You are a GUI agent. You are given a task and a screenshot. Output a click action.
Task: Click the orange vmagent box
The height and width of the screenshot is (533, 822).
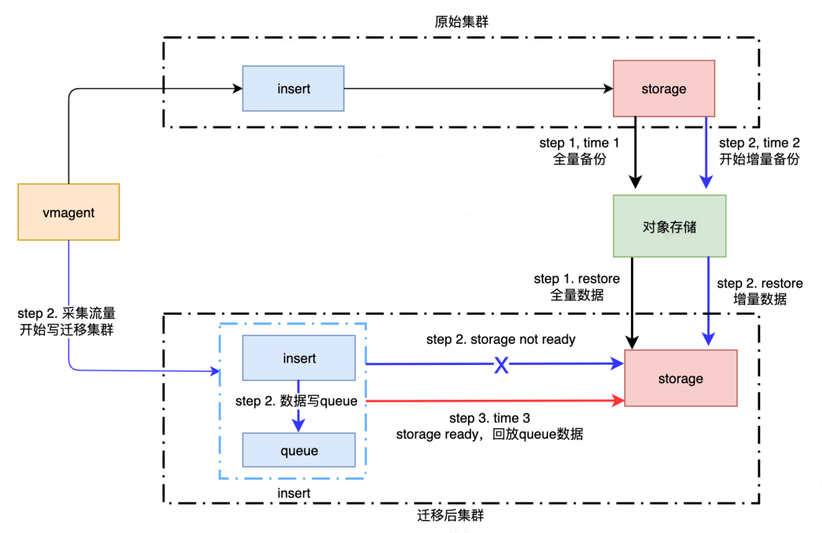click(x=68, y=212)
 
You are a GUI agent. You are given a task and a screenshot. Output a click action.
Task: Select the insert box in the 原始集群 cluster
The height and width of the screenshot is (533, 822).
click(x=293, y=89)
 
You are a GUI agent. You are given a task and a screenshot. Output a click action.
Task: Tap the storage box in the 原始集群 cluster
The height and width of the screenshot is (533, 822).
click(x=664, y=89)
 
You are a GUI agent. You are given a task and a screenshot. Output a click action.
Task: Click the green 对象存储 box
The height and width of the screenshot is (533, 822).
click(x=669, y=225)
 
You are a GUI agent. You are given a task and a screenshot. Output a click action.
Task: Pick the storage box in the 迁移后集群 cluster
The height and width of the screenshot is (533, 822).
click(x=680, y=378)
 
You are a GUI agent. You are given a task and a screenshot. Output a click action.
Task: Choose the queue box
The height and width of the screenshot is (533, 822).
click(x=298, y=450)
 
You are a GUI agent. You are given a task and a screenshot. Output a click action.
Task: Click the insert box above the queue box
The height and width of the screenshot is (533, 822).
click(x=298, y=357)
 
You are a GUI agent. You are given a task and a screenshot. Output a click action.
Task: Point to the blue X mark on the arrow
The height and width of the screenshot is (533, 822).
click(x=502, y=365)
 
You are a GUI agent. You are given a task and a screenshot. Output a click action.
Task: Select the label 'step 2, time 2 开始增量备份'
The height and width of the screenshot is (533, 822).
click(x=759, y=151)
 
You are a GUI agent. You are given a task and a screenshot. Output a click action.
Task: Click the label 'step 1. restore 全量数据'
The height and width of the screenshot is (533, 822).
click(x=576, y=287)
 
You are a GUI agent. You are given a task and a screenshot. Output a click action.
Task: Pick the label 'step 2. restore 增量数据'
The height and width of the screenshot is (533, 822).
click(x=760, y=291)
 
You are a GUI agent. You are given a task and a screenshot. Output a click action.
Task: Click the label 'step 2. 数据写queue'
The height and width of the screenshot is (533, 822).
click(x=297, y=401)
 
